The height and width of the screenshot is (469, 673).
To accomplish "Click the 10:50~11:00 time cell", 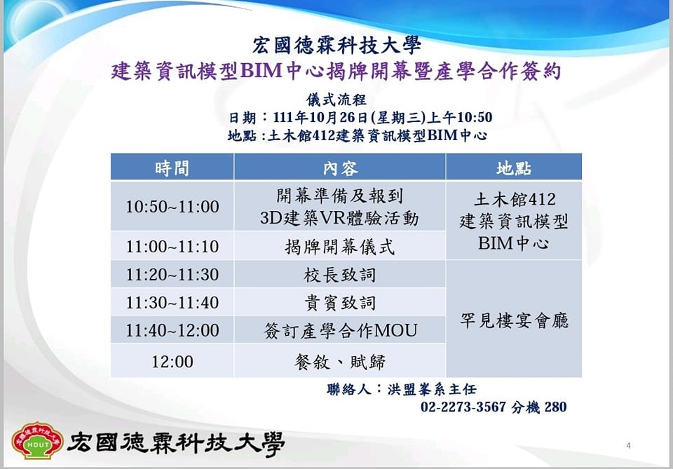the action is pyautogui.click(x=172, y=206).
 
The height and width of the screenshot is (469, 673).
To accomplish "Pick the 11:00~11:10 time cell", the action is pyautogui.click(x=172, y=246).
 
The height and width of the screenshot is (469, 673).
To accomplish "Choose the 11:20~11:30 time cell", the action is pyautogui.click(x=172, y=274).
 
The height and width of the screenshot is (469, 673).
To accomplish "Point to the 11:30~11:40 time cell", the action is pyautogui.click(x=172, y=303).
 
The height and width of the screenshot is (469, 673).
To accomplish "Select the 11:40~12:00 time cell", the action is pyautogui.click(x=172, y=330).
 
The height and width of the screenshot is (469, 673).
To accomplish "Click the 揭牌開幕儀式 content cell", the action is pyautogui.click(x=339, y=247).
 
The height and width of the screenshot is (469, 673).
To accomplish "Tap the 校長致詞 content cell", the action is pyautogui.click(x=339, y=275).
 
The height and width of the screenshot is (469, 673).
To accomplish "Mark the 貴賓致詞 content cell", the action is pyautogui.click(x=339, y=303).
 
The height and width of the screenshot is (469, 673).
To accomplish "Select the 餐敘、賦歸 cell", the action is pyautogui.click(x=339, y=362).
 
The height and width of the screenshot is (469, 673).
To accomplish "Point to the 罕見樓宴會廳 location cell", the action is pyautogui.click(x=514, y=320).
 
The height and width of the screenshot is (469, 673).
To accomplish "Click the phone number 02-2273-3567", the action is pyautogui.click(x=463, y=407).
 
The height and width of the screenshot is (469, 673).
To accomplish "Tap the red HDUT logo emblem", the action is pyautogui.click(x=38, y=440).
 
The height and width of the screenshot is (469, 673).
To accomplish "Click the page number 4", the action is pyautogui.click(x=628, y=445).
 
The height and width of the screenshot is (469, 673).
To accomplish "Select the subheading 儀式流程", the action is pyautogui.click(x=336, y=100).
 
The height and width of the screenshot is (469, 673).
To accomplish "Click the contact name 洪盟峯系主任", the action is pyautogui.click(x=432, y=389).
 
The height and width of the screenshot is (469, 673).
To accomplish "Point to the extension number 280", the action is pyautogui.click(x=555, y=407).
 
